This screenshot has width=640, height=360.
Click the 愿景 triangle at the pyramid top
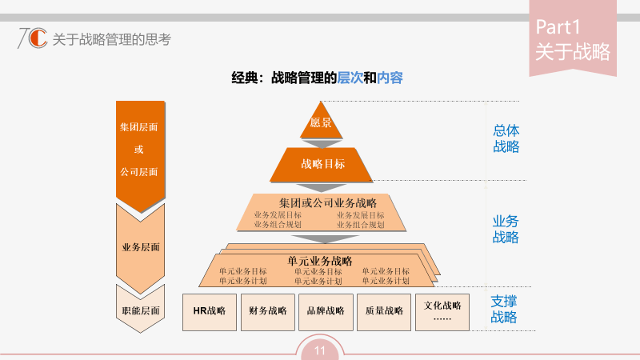tap(321, 124)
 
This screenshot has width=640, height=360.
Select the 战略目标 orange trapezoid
tap(322, 164)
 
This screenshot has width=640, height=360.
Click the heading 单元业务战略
tap(319, 261)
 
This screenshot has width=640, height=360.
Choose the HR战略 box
tap(210, 311)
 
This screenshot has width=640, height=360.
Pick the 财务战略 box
tap(268, 311)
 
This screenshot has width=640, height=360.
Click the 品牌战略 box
tap(326, 311)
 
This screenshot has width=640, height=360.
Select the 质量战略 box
tap(384, 311)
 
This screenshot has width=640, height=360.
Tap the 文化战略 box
tap(442, 311)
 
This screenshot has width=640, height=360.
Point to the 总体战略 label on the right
tap(506, 138)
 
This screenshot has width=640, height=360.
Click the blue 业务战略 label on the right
tap(506, 229)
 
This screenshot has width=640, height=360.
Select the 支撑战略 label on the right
tap(504, 310)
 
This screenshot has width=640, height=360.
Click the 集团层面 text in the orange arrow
tap(139, 127)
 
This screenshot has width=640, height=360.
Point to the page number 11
tap(319, 350)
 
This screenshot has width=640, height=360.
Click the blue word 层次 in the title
tap(350, 78)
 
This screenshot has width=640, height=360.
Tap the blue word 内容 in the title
tap(390, 78)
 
